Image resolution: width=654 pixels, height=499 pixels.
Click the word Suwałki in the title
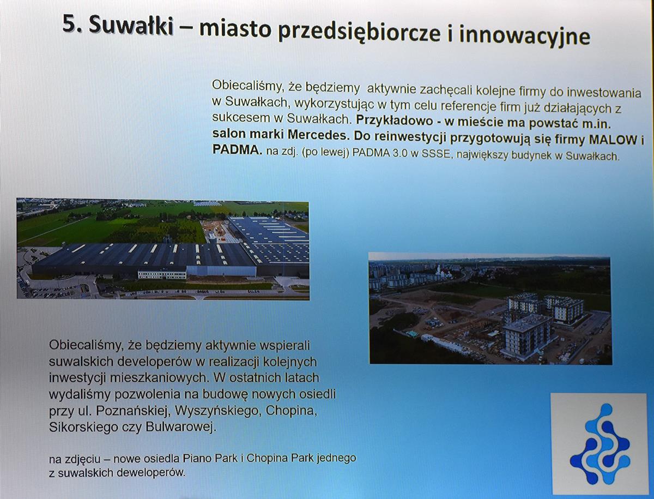click(x=131, y=25)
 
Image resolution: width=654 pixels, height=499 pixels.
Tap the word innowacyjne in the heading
click(x=524, y=34)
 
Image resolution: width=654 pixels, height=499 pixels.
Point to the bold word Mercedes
click(x=318, y=135)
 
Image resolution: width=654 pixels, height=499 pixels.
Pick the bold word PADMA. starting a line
click(x=237, y=150)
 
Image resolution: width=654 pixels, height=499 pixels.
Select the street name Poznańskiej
click(x=131, y=411)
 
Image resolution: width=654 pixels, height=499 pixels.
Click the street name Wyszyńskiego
click(x=217, y=411)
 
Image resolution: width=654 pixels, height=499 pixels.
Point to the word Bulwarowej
click(x=180, y=428)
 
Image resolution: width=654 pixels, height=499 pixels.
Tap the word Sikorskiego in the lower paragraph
click(x=83, y=428)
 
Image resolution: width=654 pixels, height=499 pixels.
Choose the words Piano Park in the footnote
click(x=210, y=458)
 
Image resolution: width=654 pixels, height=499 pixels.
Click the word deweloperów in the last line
click(x=151, y=473)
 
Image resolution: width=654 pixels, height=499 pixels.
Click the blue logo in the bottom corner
click(x=599, y=445)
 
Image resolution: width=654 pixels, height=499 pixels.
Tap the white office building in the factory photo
click(x=162, y=273)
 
